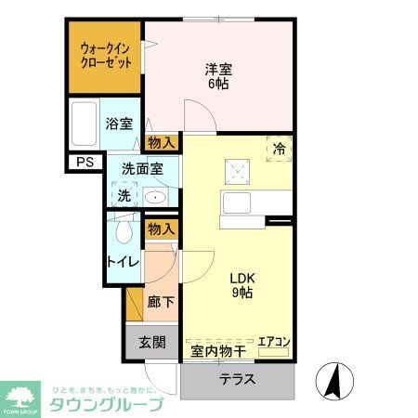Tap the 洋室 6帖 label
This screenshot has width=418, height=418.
pos(218,74)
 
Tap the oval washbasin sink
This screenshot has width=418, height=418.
pos(155,197)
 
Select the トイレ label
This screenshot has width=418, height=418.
pos(123,261)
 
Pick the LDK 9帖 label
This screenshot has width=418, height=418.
pos(241,286)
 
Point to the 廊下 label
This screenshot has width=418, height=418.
pos(160,303)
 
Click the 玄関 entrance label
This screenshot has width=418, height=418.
pos(152,342)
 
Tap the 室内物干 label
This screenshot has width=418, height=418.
pos(218,350)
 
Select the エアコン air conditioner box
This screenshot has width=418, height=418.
pos(274,342)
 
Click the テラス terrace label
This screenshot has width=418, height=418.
pos(238,380)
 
